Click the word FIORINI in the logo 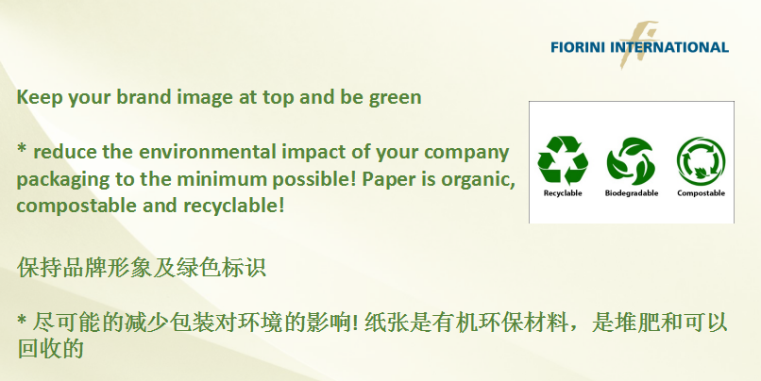point(578,47)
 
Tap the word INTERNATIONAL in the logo point(669,47)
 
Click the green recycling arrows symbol point(563,160)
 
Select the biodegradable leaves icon point(632,161)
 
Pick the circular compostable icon point(701,161)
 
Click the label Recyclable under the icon point(563,193)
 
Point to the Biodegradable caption point(632,193)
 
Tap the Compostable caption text point(701,193)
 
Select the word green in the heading point(395,98)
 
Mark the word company point(466,153)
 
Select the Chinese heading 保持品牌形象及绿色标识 point(142,268)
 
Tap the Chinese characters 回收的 point(50,349)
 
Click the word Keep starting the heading point(40,97)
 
